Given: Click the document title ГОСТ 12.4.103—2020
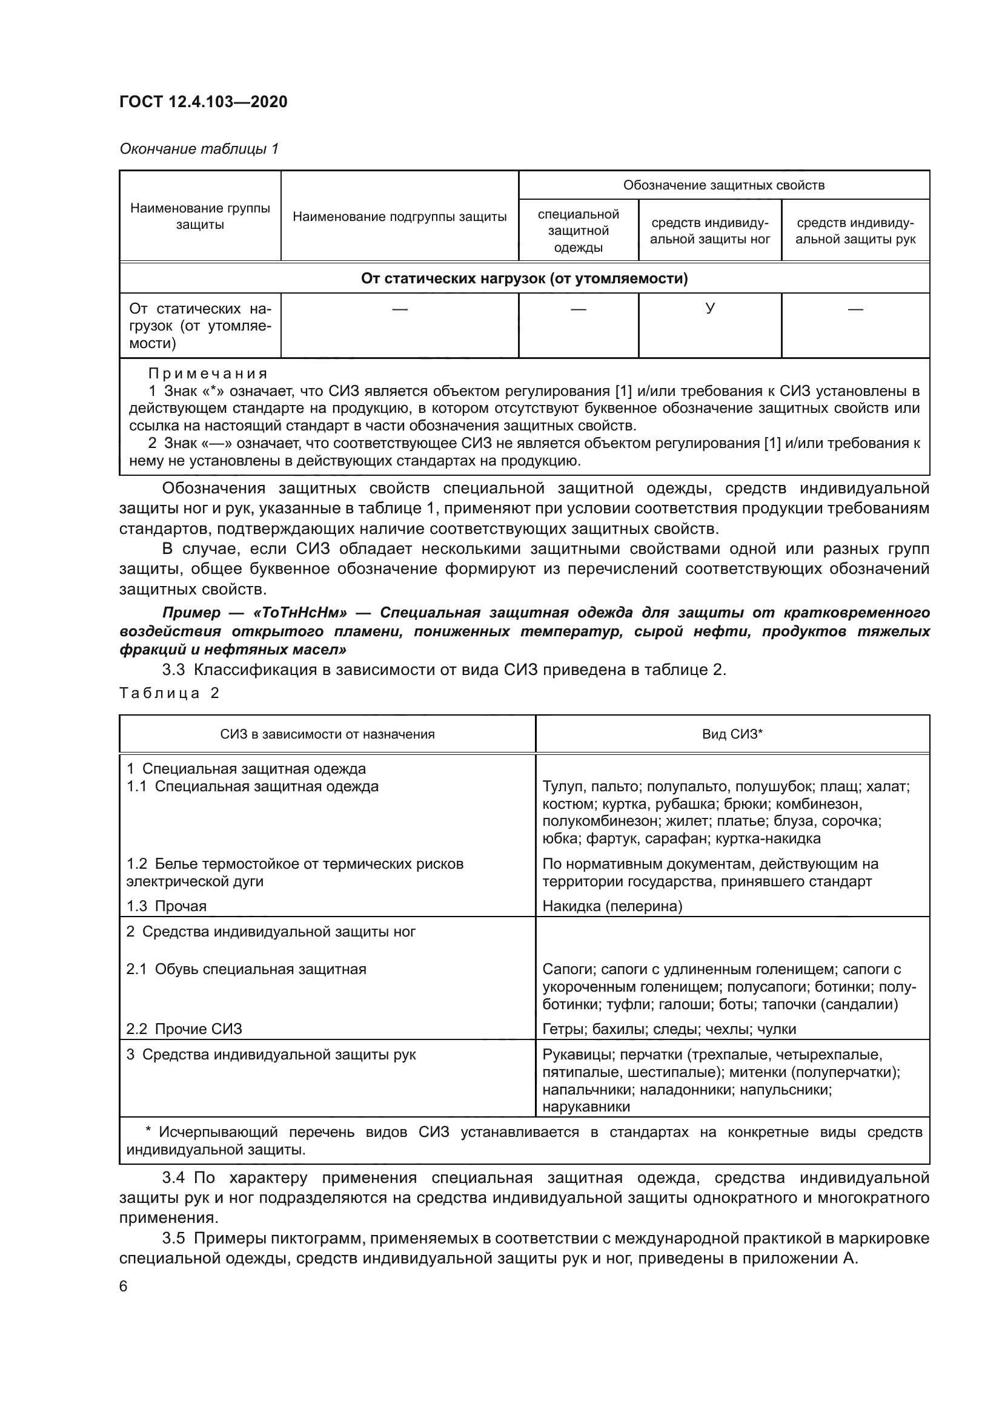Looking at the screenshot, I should [x=203, y=102].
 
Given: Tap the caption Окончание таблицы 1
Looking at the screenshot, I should [x=199, y=149].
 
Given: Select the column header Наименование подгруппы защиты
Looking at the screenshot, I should [x=399, y=217].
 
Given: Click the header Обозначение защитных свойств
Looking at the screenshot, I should [x=723, y=185].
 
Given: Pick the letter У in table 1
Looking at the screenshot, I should [x=709, y=308].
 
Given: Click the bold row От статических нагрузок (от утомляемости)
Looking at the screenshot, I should [x=524, y=278].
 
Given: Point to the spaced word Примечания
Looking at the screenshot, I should [x=208, y=374].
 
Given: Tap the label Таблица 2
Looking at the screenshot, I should [x=169, y=693].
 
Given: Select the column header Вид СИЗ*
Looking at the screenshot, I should [x=732, y=734].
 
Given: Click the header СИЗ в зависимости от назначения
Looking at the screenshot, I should [x=327, y=734].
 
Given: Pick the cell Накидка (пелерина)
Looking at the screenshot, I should [x=612, y=906].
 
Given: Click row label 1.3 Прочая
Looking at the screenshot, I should [x=167, y=906].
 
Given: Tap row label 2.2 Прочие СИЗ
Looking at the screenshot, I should [x=184, y=1029].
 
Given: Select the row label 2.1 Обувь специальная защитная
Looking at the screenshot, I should [x=246, y=969].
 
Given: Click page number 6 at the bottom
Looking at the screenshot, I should [x=124, y=1286].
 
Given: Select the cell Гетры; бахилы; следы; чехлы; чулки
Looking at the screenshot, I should [x=669, y=1029].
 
